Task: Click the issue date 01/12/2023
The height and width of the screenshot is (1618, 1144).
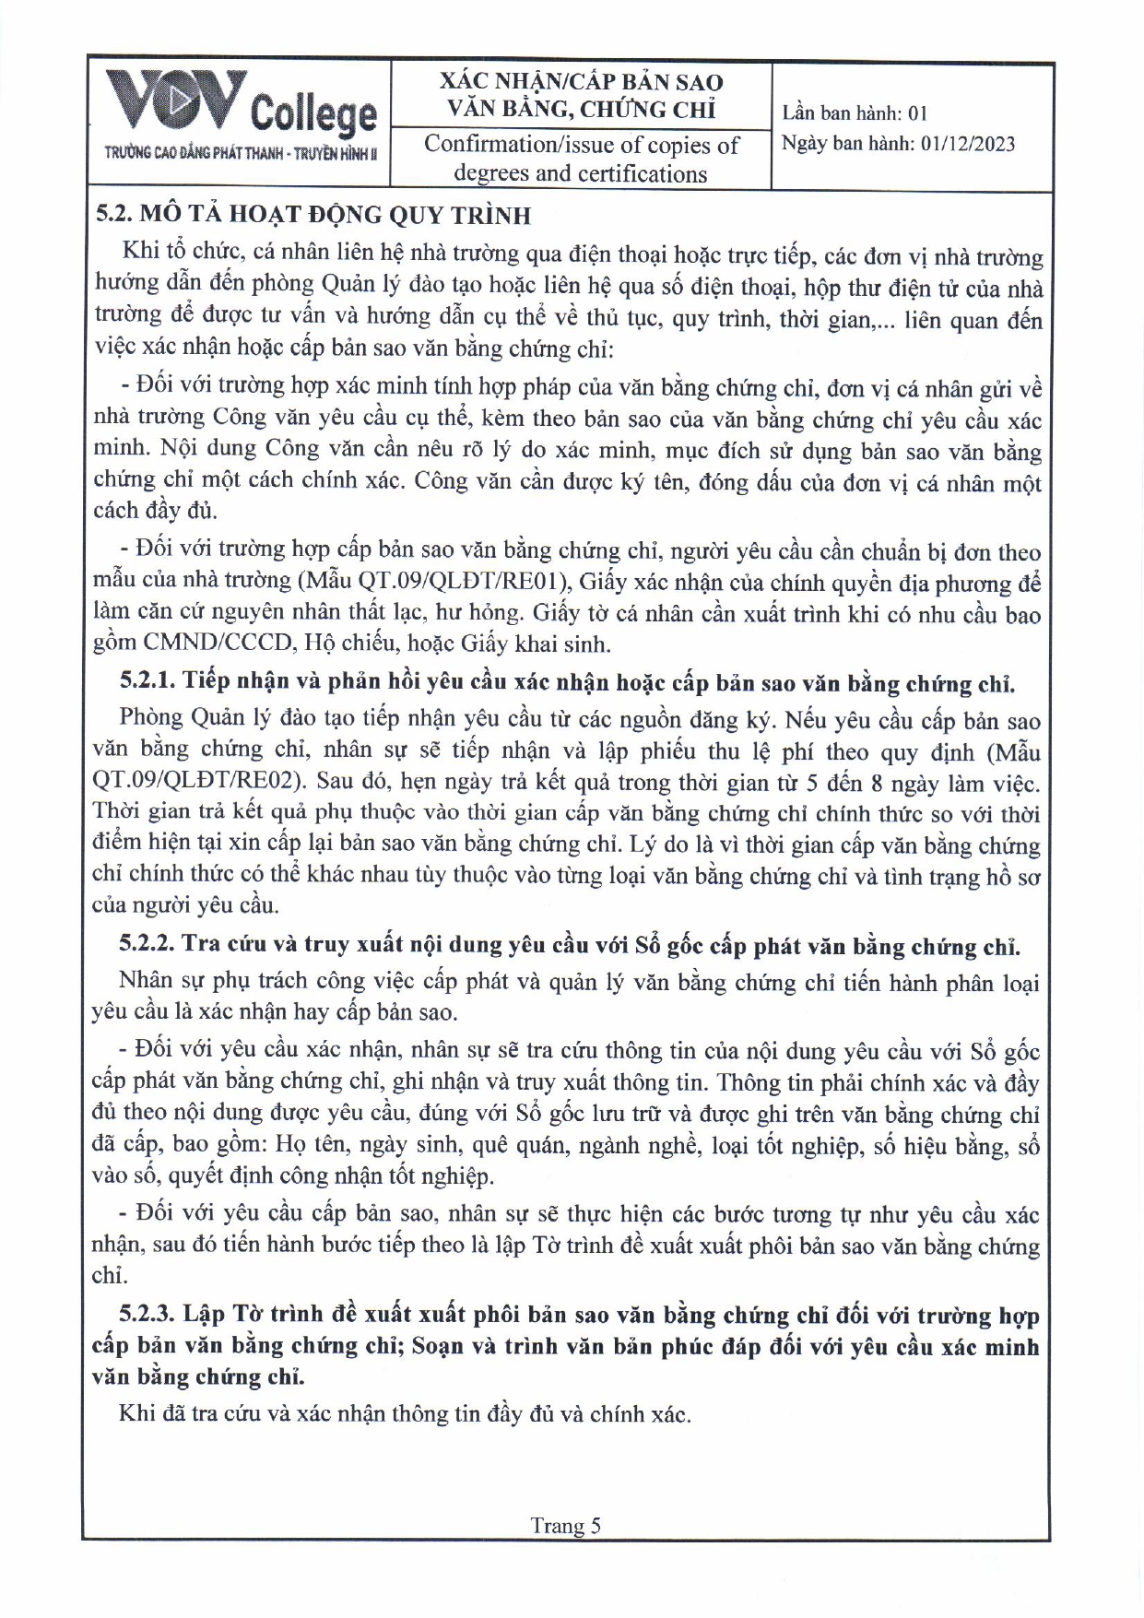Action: pyautogui.click(x=967, y=144)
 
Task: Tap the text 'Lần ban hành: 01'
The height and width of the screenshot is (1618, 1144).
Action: pyautogui.click(x=855, y=113)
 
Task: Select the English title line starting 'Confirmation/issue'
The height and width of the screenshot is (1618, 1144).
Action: pyautogui.click(x=581, y=145)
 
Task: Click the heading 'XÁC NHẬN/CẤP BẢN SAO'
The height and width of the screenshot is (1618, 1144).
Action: pyautogui.click(x=581, y=82)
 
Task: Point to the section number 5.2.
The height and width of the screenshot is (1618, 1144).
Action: pyautogui.click(x=116, y=215)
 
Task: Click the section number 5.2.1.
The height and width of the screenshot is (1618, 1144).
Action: pyautogui.click(x=147, y=682)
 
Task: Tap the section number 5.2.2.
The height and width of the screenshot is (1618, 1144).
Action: pyautogui.click(x=147, y=945)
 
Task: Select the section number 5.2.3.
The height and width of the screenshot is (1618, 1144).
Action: pyautogui.click(x=147, y=1315)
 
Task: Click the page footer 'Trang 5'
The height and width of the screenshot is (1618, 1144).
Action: pyautogui.click(x=565, y=1526)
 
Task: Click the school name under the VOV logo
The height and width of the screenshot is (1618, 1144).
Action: pyautogui.click(x=241, y=153)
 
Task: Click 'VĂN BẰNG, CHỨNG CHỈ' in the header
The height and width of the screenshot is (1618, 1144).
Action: pyautogui.click(x=581, y=110)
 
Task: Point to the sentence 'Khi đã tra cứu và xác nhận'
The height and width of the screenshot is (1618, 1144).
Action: pyautogui.click(x=404, y=1413)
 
